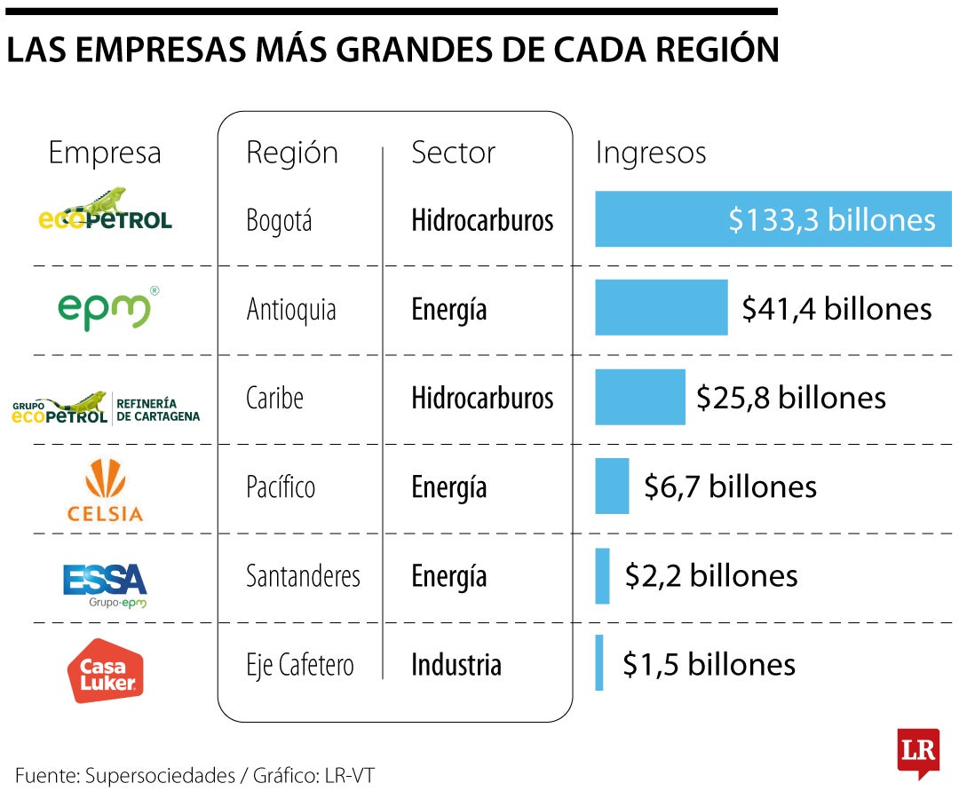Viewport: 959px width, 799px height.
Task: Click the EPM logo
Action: coord(105,308)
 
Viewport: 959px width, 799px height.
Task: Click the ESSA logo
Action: coord(105,582)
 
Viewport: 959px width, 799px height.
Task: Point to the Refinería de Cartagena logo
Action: coord(106,408)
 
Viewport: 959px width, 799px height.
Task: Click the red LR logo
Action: coord(917,753)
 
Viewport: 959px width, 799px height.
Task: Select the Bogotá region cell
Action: coord(279,220)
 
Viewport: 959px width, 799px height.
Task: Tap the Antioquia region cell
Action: coord(290,310)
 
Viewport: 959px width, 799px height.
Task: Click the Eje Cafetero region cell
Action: coord(299,665)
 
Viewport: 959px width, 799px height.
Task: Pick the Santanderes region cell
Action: coord(303,576)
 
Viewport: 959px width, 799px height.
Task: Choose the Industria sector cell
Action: coord(456,665)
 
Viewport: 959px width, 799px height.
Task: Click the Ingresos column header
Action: coord(650,153)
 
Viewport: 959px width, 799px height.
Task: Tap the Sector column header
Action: coord(453,153)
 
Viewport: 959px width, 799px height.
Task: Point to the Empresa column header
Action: coord(105,153)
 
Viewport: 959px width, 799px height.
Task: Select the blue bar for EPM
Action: coord(661,307)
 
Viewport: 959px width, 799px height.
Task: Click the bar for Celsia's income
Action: coord(612,486)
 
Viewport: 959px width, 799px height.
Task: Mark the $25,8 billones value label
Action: coord(790,398)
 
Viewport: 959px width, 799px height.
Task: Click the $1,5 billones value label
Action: coord(709,664)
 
